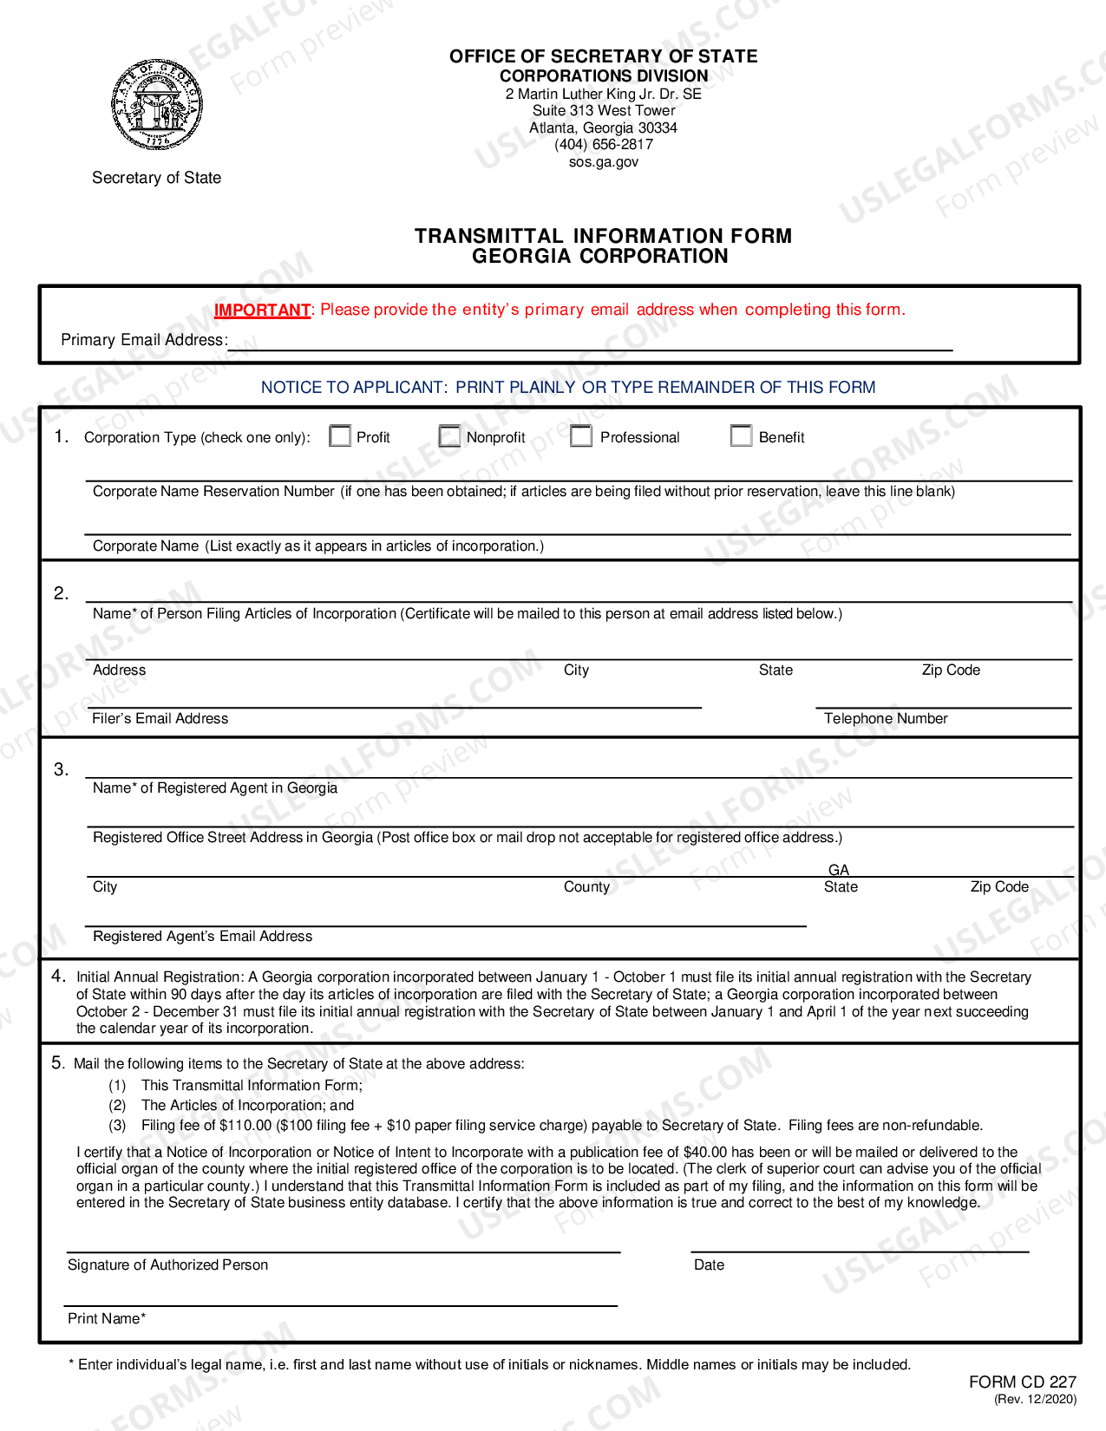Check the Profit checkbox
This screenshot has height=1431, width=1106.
click(340, 435)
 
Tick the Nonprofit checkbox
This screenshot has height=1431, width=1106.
click(449, 435)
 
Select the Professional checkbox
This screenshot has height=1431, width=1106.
click(581, 435)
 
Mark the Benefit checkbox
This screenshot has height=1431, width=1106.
click(741, 435)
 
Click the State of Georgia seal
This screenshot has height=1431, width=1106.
click(157, 105)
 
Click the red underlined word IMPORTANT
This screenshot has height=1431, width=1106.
click(262, 310)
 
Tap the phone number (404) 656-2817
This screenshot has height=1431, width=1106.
click(604, 145)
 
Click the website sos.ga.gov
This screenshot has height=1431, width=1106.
click(604, 162)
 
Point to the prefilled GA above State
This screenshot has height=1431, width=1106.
click(839, 870)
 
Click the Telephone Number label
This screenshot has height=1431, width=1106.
click(886, 718)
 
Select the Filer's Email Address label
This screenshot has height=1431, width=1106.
click(160, 718)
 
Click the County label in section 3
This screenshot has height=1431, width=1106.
click(586, 886)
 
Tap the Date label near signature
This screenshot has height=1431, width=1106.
click(709, 1264)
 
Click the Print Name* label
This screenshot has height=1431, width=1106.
click(107, 1318)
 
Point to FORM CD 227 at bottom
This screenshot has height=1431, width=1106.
click(1022, 1382)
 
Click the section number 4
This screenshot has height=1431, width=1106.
click(58, 976)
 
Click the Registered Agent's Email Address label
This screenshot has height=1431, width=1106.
click(202, 936)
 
